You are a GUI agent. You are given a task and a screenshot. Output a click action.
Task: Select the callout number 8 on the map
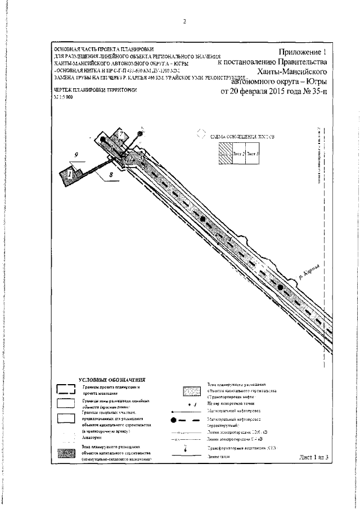point(111,176)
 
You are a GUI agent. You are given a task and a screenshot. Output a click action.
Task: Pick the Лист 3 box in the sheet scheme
point(253,154)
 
